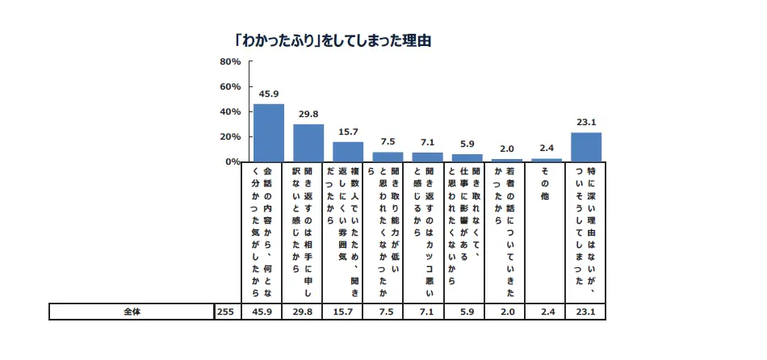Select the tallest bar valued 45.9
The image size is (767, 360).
pyautogui.click(x=269, y=132)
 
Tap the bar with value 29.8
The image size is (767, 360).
pyautogui.click(x=308, y=143)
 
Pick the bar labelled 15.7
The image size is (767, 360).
pyautogui.click(x=348, y=152)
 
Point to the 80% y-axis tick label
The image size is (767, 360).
pyautogui.click(x=230, y=62)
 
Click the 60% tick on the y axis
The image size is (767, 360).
pyautogui.click(x=230, y=87)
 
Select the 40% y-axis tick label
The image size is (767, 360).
pyautogui.click(x=230, y=112)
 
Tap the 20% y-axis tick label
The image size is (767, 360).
pyautogui.click(x=230, y=137)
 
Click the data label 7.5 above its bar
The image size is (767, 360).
pyautogui.click(x=388, y=142)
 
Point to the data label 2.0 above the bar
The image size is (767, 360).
pyautogui.click(x=507, y=149)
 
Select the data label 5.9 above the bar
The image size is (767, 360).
pyautogui.click(x=467, y=144)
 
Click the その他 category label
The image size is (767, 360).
pyautogui.click(x=546, y=184)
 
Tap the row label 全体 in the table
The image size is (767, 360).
pyautogui.click(x=131, y=311)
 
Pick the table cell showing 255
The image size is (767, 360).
pyautogui.click(x=225, y=311)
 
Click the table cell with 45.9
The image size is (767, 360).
pyautogui.click(x=268, y=311)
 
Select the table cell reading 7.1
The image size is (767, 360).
pyautogui.click(x=427, y=311)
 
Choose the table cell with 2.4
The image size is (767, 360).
pyautogui.click(x=546, y=311)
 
